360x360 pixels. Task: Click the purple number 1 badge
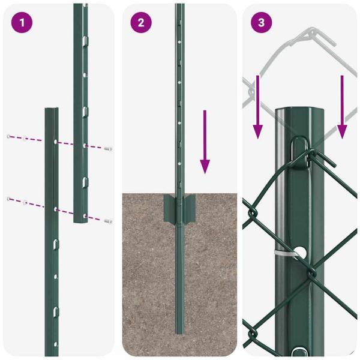pyautogui.click(x=22, y=23)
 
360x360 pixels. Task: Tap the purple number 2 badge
pyautogui.click(x=141, y=23)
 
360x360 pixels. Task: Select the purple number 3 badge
pyautogui.click(x=261, y=23)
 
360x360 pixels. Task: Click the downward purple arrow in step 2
pyautogui.click(x=205, y=142)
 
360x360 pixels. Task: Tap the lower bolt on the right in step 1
pyautogui.click(x=107, y=221)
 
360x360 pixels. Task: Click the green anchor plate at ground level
pyautogui.click(x=179, y=208)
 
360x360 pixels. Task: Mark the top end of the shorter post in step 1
pyautogui.click(x=52, y=111)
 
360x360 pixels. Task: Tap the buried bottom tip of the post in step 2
pyautogui.click(x=179, y=330)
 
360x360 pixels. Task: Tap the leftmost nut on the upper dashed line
pyautogui.click(x=8, y=137)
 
